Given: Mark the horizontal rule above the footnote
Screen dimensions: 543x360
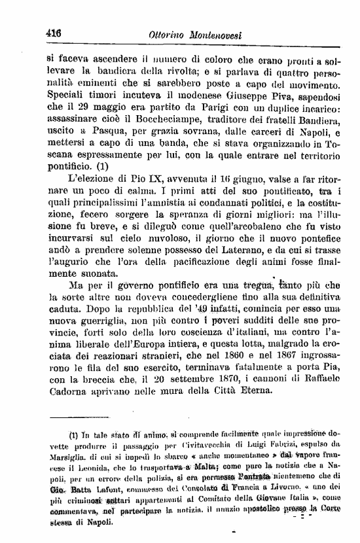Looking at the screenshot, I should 71,416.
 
